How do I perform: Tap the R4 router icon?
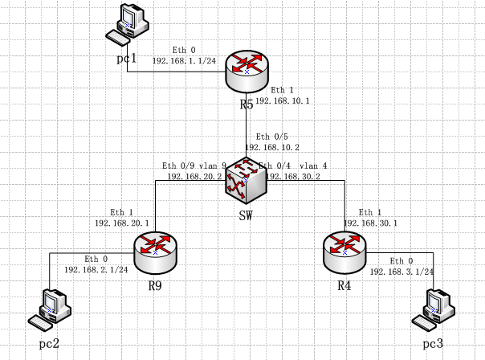point(344,252)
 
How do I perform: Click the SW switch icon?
point(246,180)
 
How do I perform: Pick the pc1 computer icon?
point(129,25)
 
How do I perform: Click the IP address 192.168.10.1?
point(283,100)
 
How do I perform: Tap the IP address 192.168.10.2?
point(271,147)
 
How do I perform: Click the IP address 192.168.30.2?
point(293,175)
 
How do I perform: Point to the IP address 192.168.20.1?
point(121,222)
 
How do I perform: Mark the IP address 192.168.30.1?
point(370,223)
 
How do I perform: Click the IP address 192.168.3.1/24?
point(402,272)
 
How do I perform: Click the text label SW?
point(247,215)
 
